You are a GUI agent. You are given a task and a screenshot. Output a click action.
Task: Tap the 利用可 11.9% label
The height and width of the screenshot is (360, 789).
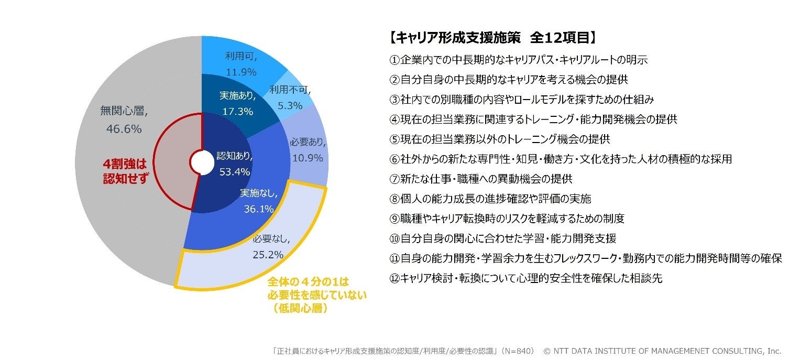[241, 63]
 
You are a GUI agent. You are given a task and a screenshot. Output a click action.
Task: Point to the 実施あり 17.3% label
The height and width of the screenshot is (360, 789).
[237, 103]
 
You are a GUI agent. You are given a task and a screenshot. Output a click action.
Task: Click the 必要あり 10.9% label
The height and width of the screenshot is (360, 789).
[306, 150]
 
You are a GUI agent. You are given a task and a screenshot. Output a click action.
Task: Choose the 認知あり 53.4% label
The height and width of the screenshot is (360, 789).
[235, 163]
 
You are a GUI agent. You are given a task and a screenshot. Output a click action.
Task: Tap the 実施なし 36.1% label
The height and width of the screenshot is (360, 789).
[259, 201]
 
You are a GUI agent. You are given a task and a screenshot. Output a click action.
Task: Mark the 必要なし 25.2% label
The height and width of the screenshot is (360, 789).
[268, 247]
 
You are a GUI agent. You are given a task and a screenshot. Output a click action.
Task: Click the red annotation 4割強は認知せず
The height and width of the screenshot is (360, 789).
[125, 171]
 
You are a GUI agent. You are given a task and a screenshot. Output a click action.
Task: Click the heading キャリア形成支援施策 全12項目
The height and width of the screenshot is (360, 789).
[492, 37]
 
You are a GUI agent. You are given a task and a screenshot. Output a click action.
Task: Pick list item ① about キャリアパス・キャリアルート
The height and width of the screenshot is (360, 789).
[519, 60]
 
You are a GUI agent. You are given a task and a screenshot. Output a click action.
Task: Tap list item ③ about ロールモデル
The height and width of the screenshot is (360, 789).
[521, 99]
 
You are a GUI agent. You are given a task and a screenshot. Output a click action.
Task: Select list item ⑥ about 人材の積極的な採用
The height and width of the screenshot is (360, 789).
[560, 159]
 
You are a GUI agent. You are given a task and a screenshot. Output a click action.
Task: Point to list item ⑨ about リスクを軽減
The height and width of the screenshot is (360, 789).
[507, 219]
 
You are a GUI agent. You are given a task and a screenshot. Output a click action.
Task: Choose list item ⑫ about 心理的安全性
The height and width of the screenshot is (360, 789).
[525, 278]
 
